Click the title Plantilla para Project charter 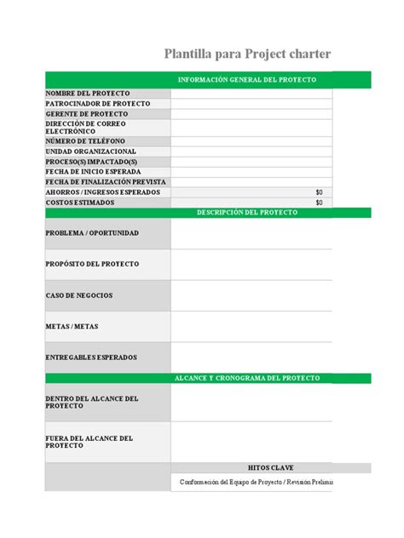click(x=247, y=55)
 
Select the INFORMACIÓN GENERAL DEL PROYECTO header click(x=246, y=79)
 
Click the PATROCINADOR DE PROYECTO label click(x=85, y=103)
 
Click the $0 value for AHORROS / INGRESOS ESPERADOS click(x=319, y=192)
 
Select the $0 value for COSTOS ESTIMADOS click(x=319, y=203)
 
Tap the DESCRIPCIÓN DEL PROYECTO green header click(x=246, y=212)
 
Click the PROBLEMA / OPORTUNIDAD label click(x=92, y=232)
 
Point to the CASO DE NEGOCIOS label click(x=79, y=295)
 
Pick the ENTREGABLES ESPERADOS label click(x=91, y=358)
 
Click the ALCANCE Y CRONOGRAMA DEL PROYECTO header click(x=246, y=377)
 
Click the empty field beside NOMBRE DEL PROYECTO click(x=251, y=93)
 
